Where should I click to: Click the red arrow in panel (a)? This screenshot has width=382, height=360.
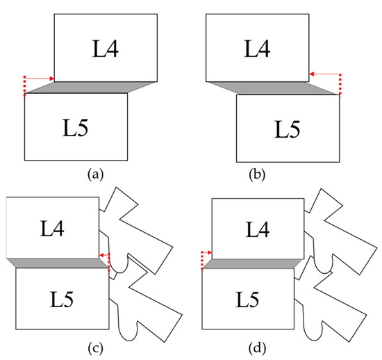[40, 79]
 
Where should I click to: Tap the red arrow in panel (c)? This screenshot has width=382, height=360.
[104, 256]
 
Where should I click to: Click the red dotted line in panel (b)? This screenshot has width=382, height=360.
[340, 84]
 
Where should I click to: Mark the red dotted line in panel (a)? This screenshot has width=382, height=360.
[24, 87]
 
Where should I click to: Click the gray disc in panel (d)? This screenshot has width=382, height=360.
[252, 263]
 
